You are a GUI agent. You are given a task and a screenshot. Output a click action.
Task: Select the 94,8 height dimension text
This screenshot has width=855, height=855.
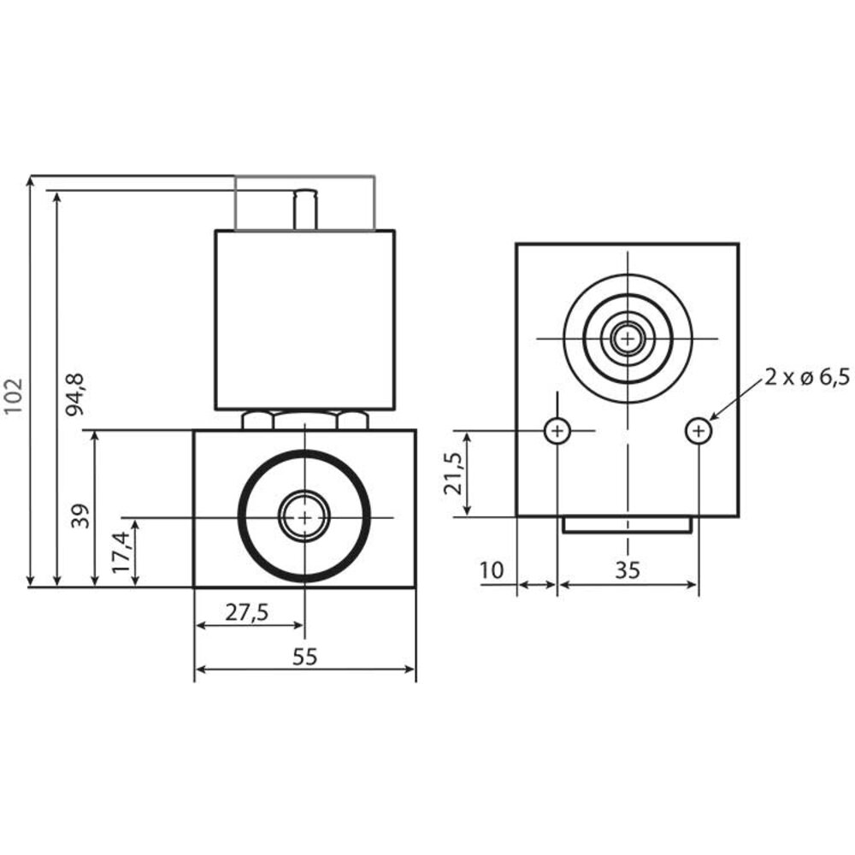point(77,394)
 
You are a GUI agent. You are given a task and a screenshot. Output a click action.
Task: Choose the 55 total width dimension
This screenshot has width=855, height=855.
point(304,657)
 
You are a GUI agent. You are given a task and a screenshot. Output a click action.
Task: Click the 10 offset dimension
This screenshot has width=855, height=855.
point(492,570)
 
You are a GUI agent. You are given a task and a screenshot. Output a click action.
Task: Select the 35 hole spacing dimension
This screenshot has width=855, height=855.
point(628,570)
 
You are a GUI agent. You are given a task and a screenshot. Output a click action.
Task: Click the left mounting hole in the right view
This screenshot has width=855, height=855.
point(557,432)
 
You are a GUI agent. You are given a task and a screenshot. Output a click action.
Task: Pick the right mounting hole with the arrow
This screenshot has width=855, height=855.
point(699,432)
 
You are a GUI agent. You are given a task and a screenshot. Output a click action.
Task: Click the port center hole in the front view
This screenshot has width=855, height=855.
point(304,517)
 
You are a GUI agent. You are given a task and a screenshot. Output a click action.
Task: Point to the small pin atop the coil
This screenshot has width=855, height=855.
point(305,210)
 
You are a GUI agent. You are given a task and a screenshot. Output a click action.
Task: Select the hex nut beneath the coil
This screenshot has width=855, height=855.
point(304,420)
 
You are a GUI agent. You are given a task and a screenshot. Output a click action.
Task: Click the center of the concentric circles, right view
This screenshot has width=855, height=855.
point(628,339)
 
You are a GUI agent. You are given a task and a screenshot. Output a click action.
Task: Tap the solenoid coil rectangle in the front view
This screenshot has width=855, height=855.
point(304,320)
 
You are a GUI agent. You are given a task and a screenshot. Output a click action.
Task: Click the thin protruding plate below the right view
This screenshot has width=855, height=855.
point(627,525)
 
